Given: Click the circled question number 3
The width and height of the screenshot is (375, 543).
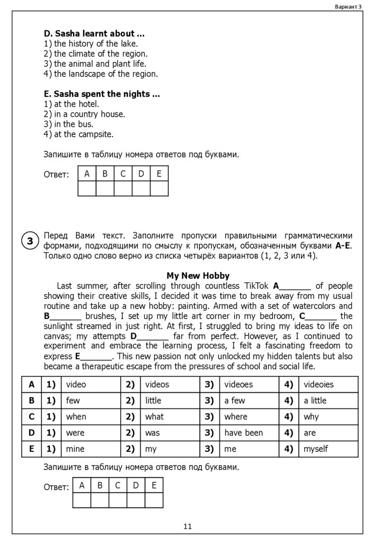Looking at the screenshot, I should (30, 241).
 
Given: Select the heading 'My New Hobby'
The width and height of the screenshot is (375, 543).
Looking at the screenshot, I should (198, 276).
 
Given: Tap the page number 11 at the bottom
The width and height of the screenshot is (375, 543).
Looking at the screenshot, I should (187, 526).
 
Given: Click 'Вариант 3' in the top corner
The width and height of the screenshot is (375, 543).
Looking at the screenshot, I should (348, 6).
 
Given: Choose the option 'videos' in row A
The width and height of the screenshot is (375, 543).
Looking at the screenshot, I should (157, 384).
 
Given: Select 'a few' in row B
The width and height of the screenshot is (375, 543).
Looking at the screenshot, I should (235, 400).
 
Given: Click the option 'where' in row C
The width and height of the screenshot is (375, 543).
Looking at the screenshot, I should (236, 417).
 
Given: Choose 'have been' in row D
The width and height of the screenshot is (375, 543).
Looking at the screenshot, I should (244, 433).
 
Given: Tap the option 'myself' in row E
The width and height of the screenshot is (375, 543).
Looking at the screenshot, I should (316, 449).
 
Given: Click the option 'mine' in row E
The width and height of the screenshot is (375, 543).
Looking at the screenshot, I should (75, 449).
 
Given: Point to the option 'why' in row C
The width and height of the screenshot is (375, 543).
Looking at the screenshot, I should (311, 417).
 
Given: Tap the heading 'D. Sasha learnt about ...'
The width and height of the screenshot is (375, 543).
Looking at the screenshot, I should (94, 33).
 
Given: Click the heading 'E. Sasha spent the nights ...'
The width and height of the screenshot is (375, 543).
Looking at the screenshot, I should (102, 94).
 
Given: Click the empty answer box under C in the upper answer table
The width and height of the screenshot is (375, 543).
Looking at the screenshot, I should (123, 189).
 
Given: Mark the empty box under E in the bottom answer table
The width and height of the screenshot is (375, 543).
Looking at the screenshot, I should (154, 500).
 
